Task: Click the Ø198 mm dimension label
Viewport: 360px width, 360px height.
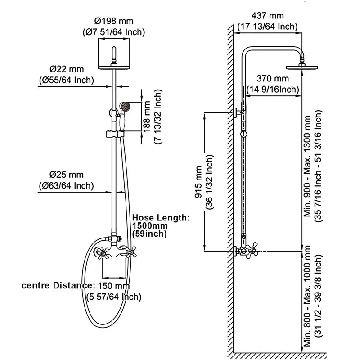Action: coord(114,21)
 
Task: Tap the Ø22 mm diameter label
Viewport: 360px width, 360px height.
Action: coord(67,69)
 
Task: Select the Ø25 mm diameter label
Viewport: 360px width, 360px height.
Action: coord(67,174)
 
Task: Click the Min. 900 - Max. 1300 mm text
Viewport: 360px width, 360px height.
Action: coord(308,166)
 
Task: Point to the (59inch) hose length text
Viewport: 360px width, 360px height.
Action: coord(149,234)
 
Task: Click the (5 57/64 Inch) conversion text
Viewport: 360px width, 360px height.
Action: coord(114,297)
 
